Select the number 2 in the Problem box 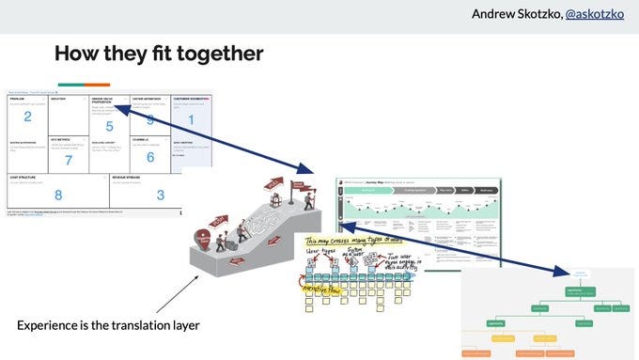[x=28, y=117]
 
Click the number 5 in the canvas [x=109, y=125]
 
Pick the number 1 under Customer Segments [x=192, y=119]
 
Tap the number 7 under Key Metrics [x=68, y=160]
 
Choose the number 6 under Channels [x=149, y=157]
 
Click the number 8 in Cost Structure [x=58, y=196]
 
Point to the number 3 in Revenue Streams [x=160, y=195]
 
